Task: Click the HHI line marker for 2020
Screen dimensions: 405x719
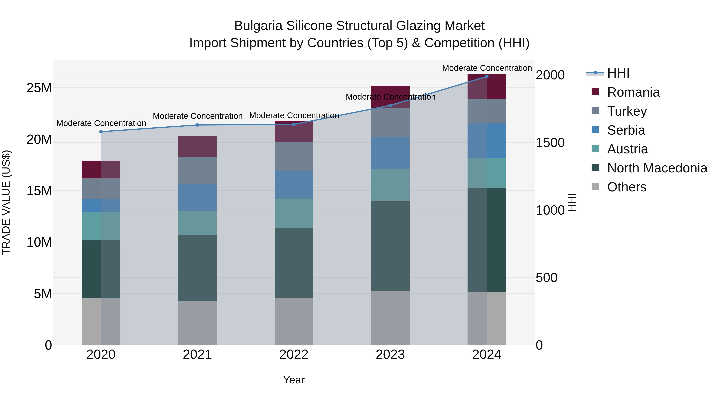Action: click(x=101, y=132)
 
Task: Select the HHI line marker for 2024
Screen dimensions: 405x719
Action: click(x=487, y=76)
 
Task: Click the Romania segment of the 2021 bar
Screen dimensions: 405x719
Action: click(x=197, y=146)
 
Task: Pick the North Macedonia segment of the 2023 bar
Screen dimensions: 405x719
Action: click(x=390, y=245)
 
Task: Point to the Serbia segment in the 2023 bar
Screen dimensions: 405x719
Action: click(x=390, y=153)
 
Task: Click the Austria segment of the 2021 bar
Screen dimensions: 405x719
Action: click(x=197, y=223)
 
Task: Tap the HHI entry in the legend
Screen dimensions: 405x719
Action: click(x=618, y=73)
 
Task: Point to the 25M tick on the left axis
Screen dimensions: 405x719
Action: click(x=39, y=88)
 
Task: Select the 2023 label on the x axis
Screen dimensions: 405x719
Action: click(x=390, y=355)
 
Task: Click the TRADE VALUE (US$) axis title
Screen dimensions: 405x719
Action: click(x=6, y=202)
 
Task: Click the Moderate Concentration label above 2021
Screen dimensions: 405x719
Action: click(x=198, y=116)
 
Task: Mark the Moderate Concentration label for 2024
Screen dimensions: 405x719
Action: click(x=487, y=68)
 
